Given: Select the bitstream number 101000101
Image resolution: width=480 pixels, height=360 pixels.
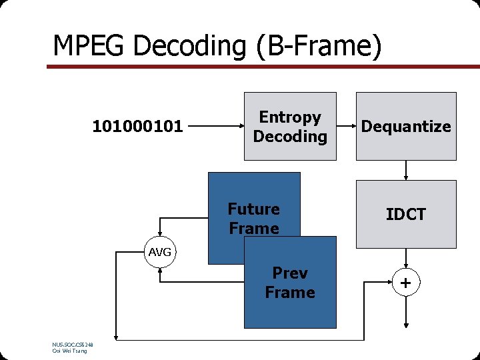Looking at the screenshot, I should click(137, 126).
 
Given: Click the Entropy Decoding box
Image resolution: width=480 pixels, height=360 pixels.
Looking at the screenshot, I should click(290, 127).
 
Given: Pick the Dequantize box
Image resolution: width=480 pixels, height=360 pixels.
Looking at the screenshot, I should click(406, 127).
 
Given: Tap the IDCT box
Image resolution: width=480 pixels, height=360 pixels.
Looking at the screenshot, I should click(406, 214).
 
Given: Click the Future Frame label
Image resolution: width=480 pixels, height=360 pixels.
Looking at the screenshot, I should click(254, 219).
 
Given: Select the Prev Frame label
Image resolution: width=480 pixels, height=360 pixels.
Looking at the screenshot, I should click(290, 283).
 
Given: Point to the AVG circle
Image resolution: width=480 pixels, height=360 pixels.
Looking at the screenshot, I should click(160, 252).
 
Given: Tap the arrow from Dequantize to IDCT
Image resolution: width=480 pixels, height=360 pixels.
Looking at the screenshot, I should click(406, 170).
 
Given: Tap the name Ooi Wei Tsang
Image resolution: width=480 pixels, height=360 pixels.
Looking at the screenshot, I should click(69, 351).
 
